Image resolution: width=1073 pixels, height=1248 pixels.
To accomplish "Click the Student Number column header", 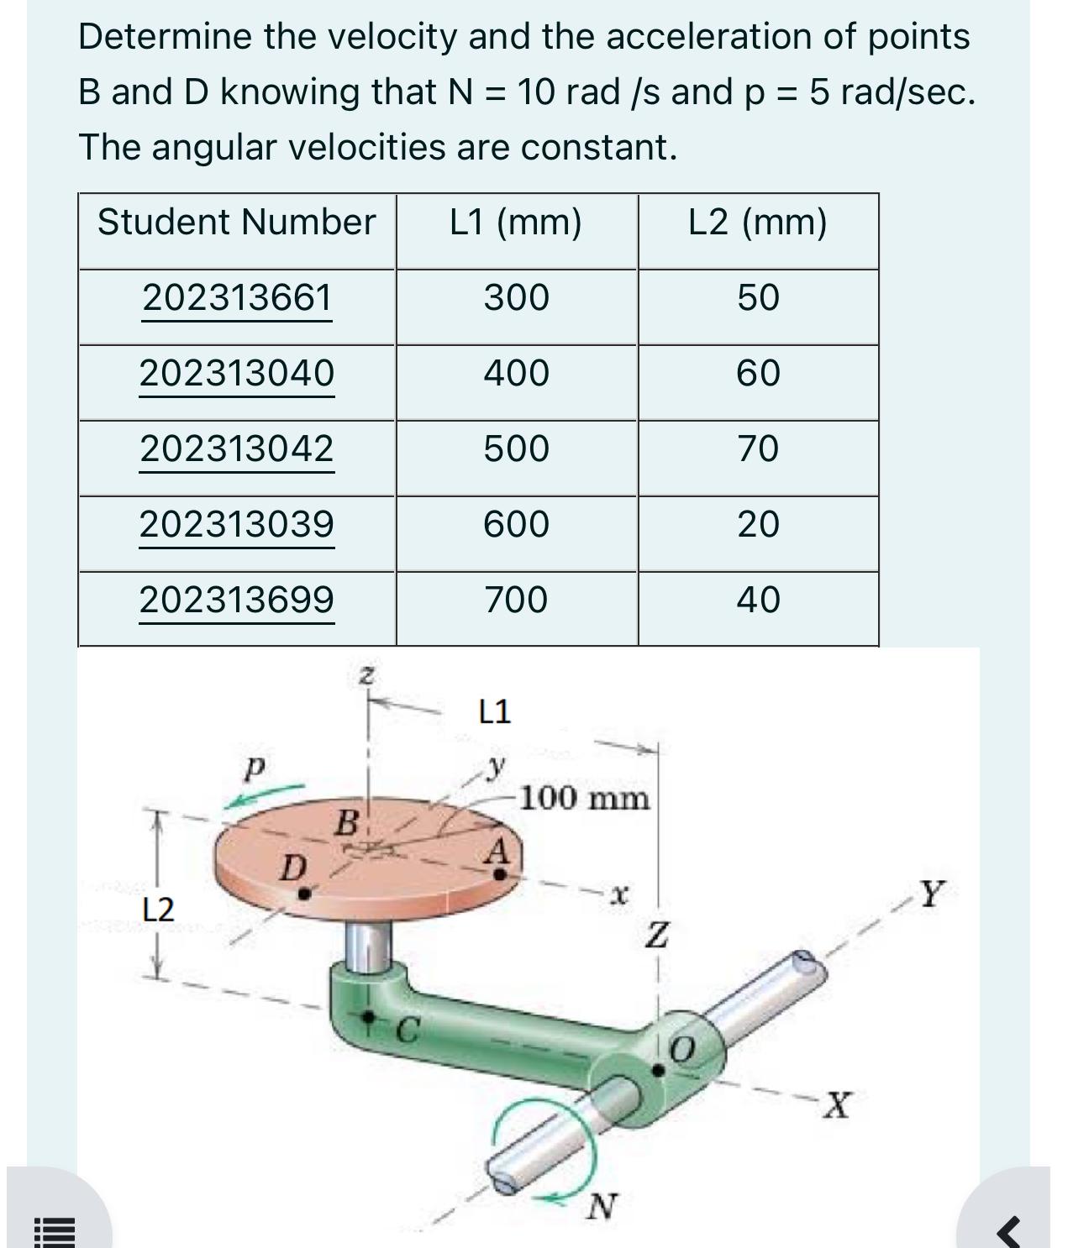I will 236,223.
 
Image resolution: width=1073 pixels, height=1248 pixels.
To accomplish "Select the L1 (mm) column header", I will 515,223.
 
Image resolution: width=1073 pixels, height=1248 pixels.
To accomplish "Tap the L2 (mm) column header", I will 757,223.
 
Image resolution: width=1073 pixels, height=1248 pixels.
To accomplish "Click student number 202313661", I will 237,298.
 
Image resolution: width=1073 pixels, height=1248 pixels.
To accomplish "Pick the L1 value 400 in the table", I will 516,373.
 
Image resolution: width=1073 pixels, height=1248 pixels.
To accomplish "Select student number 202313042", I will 237,448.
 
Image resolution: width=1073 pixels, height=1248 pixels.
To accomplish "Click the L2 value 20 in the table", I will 758,524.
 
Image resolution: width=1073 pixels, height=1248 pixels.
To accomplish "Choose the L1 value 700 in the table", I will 516,600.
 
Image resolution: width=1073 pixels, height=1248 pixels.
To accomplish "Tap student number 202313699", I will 237,600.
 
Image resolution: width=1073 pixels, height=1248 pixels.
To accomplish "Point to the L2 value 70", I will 758,448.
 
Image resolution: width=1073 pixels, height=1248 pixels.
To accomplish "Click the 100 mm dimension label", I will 585,798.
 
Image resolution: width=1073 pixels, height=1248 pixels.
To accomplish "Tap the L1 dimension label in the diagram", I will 494,712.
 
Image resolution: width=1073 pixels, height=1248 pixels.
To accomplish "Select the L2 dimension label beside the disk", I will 158,909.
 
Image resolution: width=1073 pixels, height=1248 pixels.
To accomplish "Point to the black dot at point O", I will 660,1070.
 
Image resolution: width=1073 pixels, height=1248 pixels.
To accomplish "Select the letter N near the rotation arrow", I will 601,1207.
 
